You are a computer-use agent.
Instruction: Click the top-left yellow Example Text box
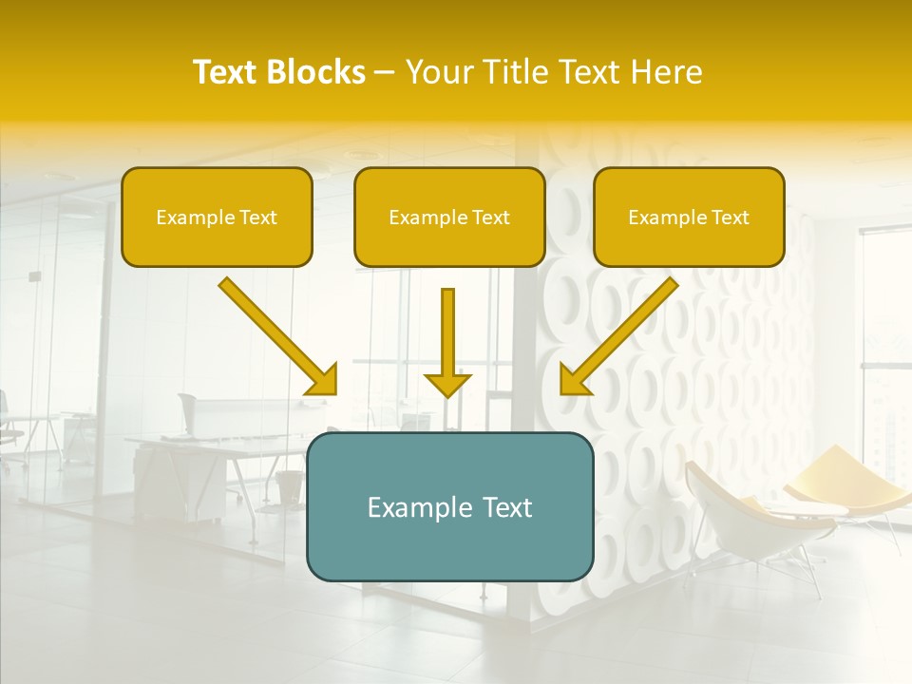(x=217, y=217)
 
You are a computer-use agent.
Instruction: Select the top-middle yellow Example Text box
(x=449, y=217)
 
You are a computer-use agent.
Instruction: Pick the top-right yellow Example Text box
(x=689, y=217)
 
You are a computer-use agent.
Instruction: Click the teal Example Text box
(x=449, y=506)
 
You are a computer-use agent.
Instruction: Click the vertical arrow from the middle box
(x=447, y=332)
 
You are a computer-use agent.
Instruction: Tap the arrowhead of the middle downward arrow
(x=447, y=384)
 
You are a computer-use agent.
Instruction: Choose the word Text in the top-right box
(x=729, y=217)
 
